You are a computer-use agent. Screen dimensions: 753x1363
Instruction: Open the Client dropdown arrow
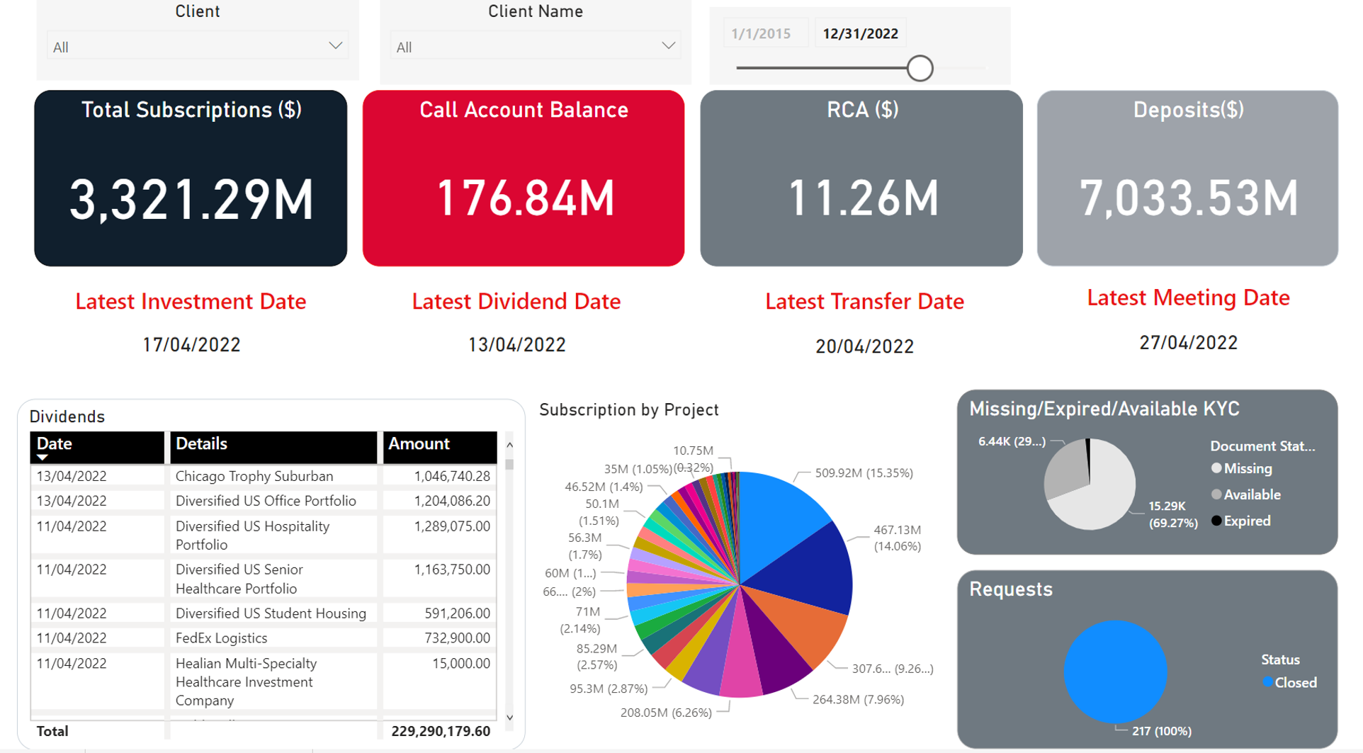coord(335,46)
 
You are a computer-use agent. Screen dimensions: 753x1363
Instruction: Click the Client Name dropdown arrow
coord(667,46)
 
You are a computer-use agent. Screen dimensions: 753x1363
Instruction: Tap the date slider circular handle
coord(920,68)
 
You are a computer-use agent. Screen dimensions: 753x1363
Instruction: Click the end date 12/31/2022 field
coord(860,33)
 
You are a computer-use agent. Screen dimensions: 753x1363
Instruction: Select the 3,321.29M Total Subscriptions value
coord(191,199)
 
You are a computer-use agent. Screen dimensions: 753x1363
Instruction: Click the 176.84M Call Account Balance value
coord(525,198)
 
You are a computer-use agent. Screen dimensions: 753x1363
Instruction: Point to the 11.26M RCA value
coord(862,198)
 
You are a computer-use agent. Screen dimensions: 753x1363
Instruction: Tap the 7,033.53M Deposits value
coord(1188,198)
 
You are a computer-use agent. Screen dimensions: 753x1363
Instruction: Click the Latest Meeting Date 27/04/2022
coord(1188,343)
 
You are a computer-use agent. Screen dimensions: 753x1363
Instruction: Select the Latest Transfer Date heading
coord(864,302)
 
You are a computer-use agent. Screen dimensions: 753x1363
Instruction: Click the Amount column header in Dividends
coord(419,444)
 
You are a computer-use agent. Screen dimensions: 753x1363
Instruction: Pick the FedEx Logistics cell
coord(222,638)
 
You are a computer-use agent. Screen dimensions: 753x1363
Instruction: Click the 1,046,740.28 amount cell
coord(452,476)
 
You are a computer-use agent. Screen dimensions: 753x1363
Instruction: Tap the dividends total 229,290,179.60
coord(441,731)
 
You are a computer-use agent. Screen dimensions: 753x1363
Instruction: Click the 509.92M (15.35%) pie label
coord(864,473)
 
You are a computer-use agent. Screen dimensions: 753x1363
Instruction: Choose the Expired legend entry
coord(1247,521)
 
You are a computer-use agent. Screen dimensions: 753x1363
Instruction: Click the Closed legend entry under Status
coord(1295,683)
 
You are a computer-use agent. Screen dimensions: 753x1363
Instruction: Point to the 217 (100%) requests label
coord(1161,731)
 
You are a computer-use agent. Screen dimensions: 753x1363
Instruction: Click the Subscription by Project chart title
coord(628,410)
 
